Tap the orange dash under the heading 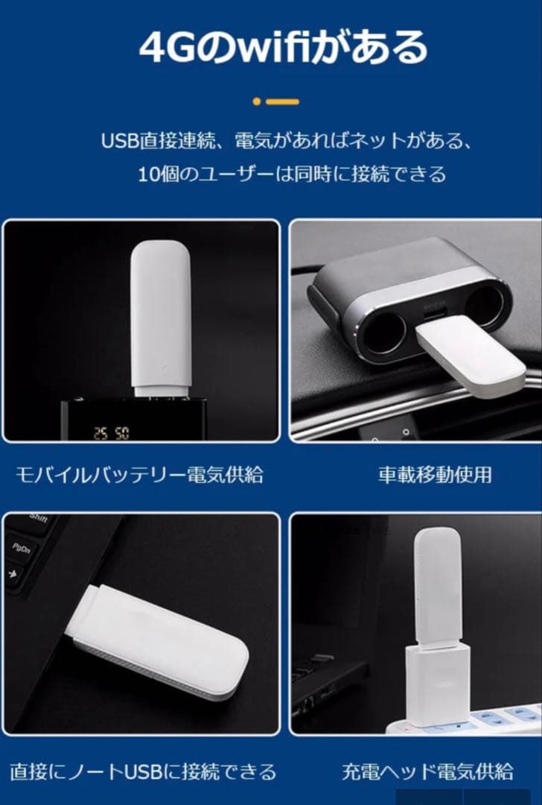click(284, 101)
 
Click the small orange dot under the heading click(257, 101)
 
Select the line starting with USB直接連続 click(287, 141)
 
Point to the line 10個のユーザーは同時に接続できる click(292, 174)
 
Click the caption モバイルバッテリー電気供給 click(139, 475)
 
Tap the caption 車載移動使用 click(435, 475)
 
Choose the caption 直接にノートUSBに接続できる click(143, 771)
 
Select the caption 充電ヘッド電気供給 click(427, 771)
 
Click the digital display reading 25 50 click(110, 432)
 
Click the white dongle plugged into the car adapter click(468, 351)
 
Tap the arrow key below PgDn click(13, 574)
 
